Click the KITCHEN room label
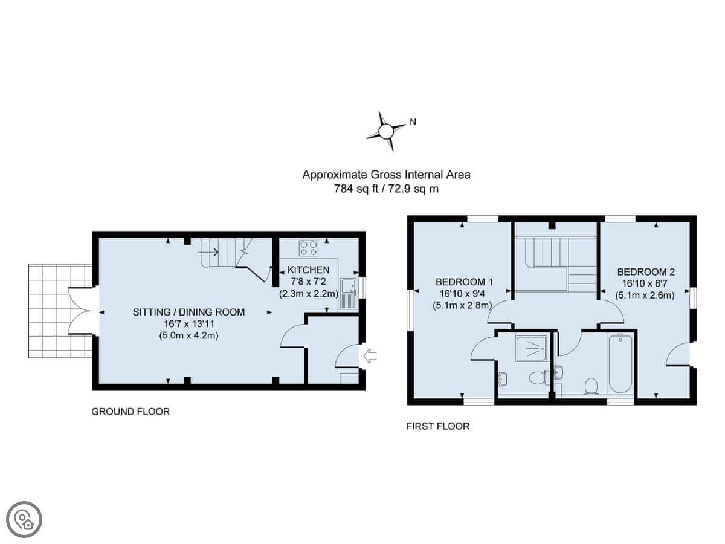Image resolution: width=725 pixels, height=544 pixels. [308, 270]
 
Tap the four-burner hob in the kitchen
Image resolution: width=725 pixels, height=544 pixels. [309, 248]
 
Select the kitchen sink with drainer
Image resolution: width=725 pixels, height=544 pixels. [348, 294]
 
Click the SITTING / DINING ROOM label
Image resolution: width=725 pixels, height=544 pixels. [188, 312]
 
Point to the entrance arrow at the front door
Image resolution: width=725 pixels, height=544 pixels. [369, 356]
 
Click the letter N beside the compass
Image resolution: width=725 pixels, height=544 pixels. [413, 122]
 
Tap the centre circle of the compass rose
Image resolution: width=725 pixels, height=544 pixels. [386, 131]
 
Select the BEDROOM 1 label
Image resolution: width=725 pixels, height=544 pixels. [464, 282]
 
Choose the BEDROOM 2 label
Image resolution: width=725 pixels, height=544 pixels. [646, 272]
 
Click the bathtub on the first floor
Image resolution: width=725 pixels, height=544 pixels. [620, 363]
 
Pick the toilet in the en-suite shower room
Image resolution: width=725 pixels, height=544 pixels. [538, 377]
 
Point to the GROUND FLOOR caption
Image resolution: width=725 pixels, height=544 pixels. [130, 412]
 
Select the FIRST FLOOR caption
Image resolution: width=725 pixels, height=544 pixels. [437, 426]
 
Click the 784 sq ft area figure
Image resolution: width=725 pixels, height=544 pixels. [356, 189]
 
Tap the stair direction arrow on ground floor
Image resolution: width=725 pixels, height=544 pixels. [208, 253]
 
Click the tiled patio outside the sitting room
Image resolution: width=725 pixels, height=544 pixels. [60, 311]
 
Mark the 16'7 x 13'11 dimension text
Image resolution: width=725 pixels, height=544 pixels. [188, 324]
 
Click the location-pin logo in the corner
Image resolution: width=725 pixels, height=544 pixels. [24, 520]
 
